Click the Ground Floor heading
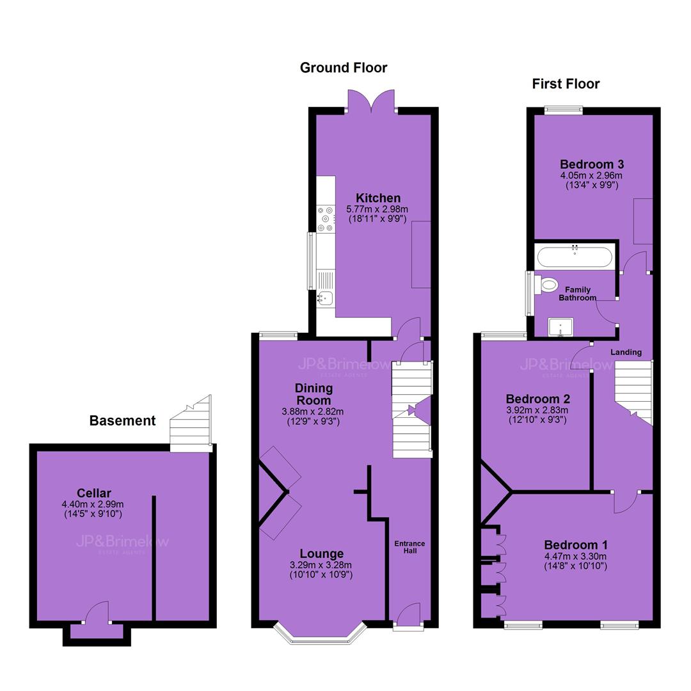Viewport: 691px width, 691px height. pos(344,67)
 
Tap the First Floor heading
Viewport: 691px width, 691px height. pos(566,84)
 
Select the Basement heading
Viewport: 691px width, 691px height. pos(122,420)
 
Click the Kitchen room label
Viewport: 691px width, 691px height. pos(378,198)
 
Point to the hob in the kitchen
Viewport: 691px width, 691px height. pos(326,219)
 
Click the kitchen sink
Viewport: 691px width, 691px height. pos(325,298)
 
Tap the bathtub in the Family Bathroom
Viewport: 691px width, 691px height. pos(575,257)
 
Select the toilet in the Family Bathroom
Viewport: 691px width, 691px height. pos(546,284)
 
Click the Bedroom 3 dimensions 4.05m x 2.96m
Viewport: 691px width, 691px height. pos(591,175)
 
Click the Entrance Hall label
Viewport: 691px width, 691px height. pos(410,547)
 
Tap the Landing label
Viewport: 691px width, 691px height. pos(626,352)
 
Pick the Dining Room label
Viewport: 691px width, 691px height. pos(314,394)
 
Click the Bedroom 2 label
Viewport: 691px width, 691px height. pos(537,399)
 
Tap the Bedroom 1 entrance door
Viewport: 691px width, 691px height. pos(625,502)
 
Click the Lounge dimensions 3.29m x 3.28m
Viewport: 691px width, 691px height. pos(321,565)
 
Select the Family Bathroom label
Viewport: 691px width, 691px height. pos(577,294)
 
